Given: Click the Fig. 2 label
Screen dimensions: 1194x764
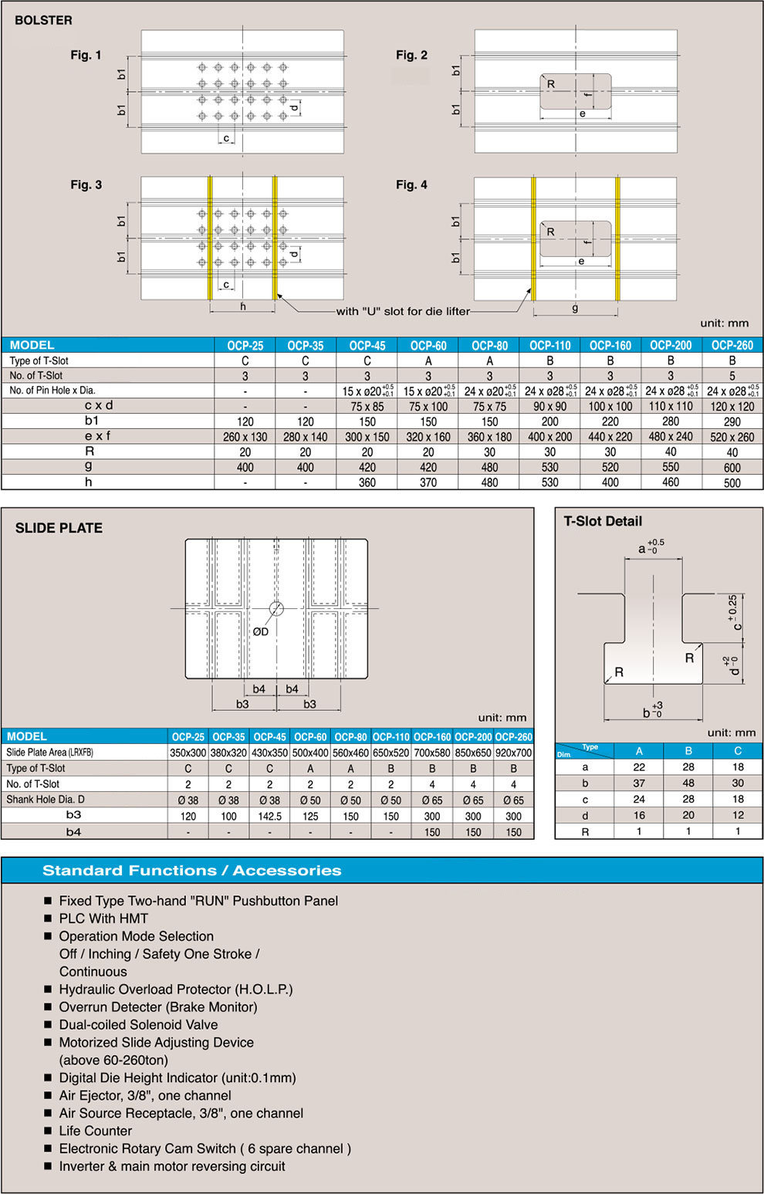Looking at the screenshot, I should point(411,55).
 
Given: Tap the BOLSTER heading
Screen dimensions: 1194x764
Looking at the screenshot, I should point(43,20).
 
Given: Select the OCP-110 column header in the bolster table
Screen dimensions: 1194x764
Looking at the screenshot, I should point(549,346).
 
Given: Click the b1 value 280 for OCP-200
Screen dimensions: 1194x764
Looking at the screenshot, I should point(671,421).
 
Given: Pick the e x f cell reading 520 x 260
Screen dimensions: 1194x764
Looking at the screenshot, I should point(732,437).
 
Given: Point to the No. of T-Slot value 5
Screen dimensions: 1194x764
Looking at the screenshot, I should point(732,376).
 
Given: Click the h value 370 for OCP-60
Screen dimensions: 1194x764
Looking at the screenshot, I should point(428,482).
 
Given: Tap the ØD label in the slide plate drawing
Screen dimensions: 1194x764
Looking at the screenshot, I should point(261,631).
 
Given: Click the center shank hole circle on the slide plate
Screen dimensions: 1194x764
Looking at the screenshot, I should point(276,608).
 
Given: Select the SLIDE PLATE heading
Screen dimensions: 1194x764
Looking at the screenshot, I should point(59,528).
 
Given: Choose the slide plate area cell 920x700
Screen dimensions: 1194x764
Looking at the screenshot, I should point(513,753).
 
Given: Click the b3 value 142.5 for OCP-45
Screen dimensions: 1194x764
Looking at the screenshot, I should point(269,816).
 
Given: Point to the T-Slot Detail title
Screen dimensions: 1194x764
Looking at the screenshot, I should point(603,521).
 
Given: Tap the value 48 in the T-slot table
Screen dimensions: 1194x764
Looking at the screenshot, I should point(688,783).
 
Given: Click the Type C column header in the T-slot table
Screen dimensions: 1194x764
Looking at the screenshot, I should point(738,750).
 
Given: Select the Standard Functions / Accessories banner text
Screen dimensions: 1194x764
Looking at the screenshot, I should point(191,871).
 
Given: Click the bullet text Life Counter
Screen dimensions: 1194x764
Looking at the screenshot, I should point(96,1131).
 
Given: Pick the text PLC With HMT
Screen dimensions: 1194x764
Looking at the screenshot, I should point(103,918).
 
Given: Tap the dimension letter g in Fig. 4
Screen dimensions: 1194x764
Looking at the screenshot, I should point(575,308).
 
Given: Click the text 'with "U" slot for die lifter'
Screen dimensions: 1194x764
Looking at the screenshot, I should point(403,312).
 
